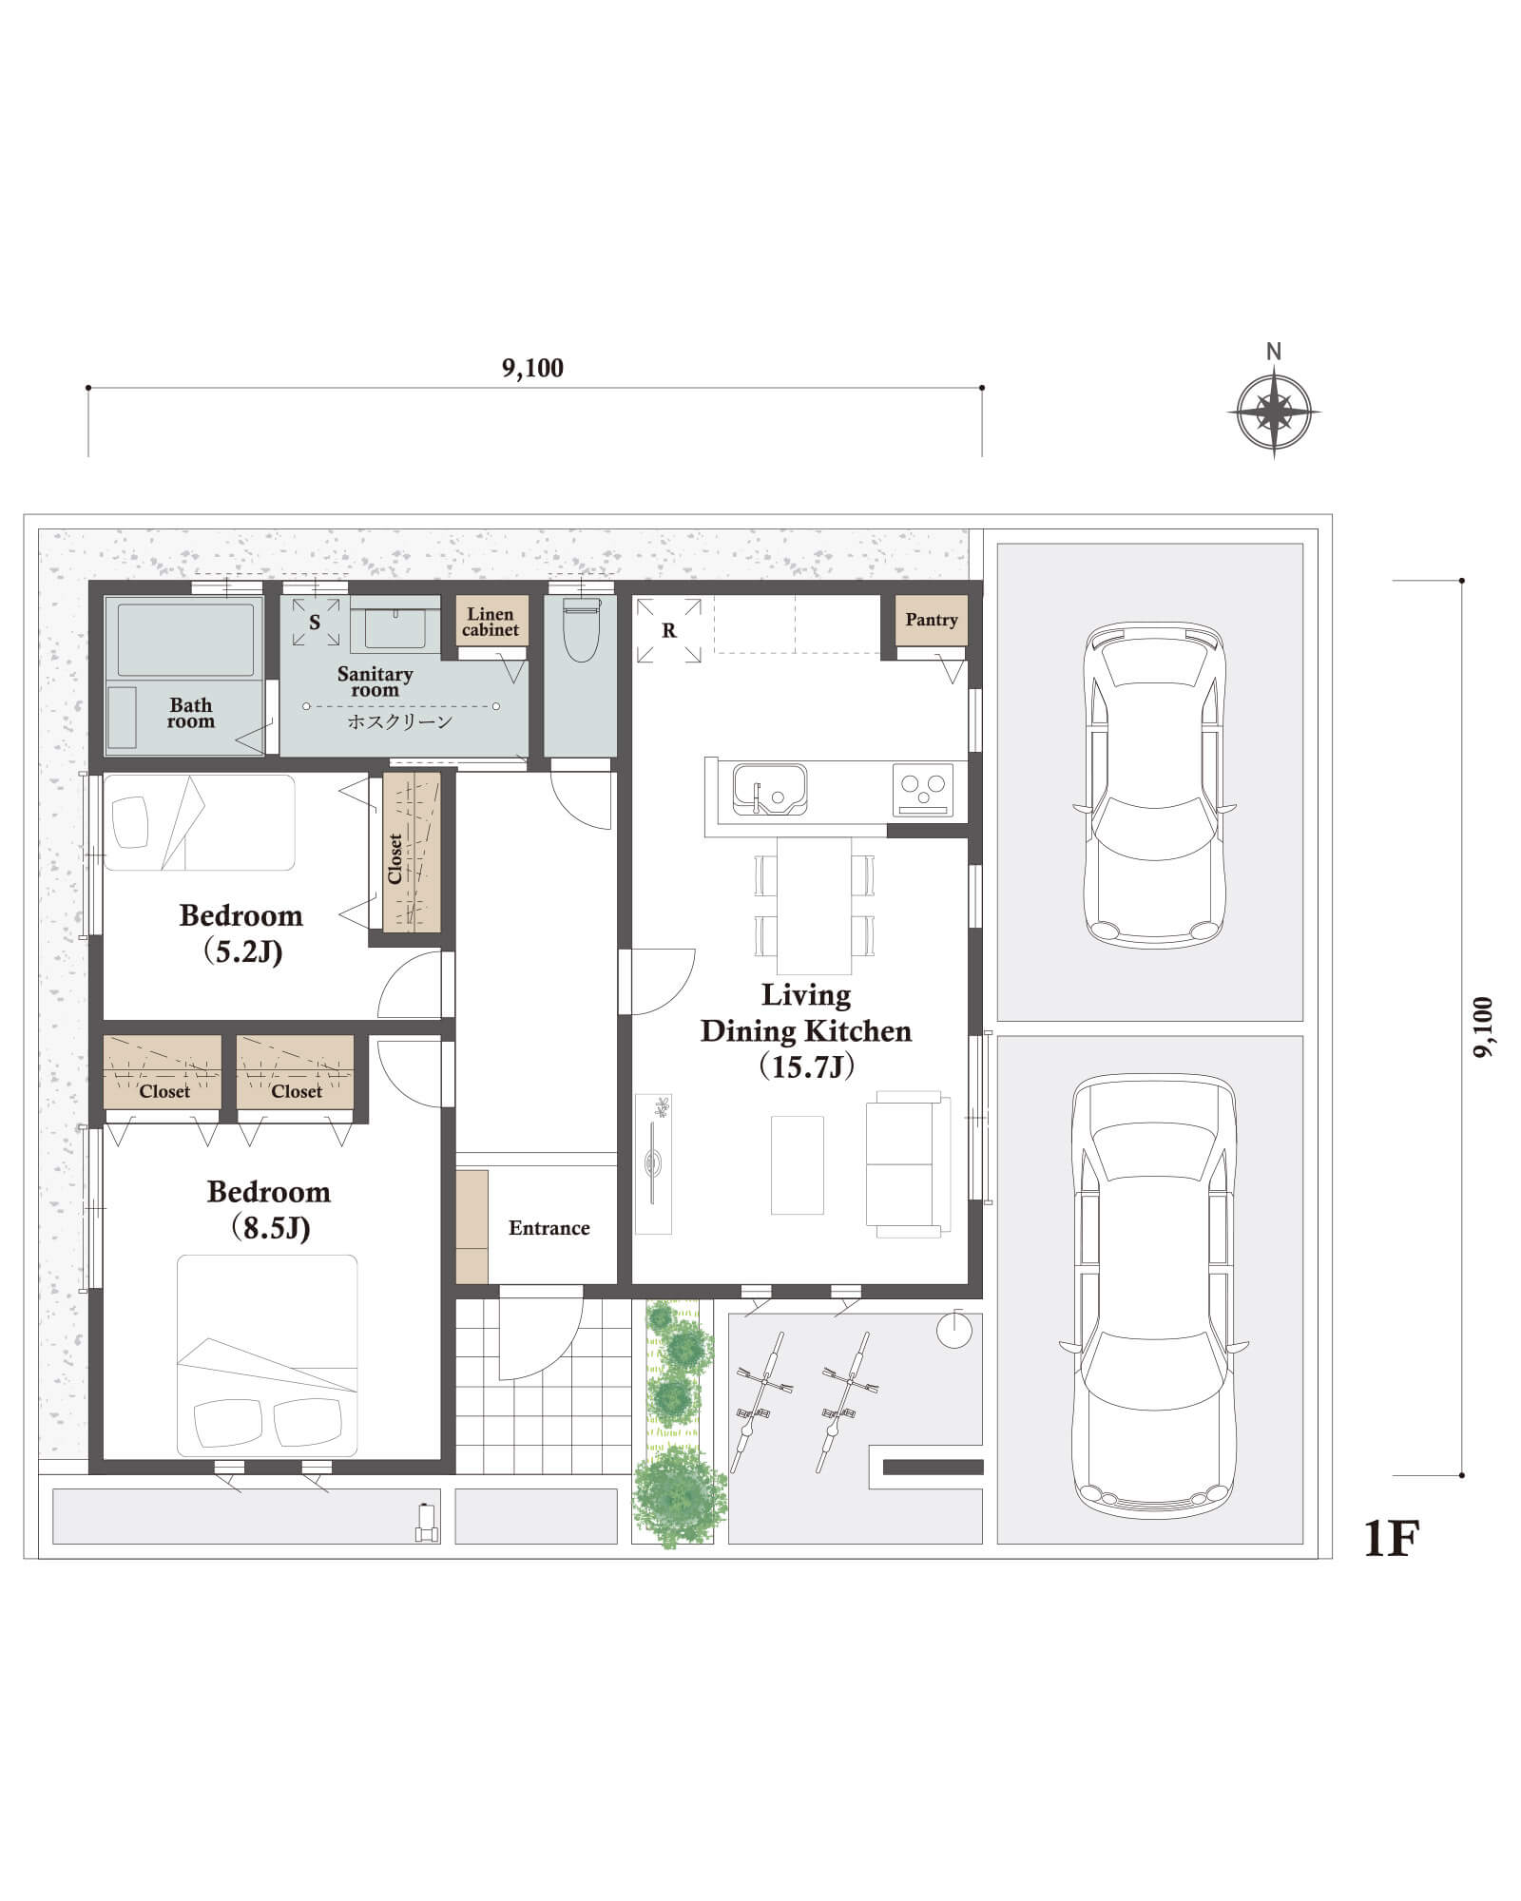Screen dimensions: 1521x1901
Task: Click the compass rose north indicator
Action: click(x=1274, y=413)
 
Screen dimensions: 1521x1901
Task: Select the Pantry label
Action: click(x=932, y=620)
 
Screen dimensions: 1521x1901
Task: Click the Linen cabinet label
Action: click(x=491, y=622)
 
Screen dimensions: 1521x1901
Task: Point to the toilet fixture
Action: click(x=581, y=628)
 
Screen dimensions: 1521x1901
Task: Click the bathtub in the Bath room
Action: click(x=185, y=639)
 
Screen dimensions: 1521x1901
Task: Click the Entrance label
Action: click(x=549, y=1228)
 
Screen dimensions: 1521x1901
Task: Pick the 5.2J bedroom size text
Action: click(x=244, y=951)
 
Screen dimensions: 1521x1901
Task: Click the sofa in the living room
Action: click(x=908, y=1164)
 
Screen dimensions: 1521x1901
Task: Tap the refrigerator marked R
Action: click(x=669, y=630)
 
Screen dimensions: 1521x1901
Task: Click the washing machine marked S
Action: click(x=316, y=623)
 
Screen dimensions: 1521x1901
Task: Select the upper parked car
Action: click(x=1154, y=785)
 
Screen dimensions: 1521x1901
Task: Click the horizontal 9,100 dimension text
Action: click(x=532, y=368)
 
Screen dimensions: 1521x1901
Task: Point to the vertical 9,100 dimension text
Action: click(x=1483, y=1027)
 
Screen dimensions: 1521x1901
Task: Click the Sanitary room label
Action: click(x=375, y=682)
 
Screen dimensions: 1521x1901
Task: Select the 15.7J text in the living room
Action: click(x=806, y=1066)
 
